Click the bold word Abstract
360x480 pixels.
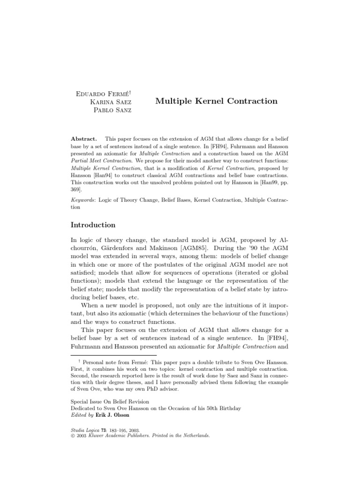click(83, 139)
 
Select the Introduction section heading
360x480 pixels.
click(93, 225)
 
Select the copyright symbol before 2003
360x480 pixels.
click(73, 435)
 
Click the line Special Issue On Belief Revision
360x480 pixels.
click(110, 402)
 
